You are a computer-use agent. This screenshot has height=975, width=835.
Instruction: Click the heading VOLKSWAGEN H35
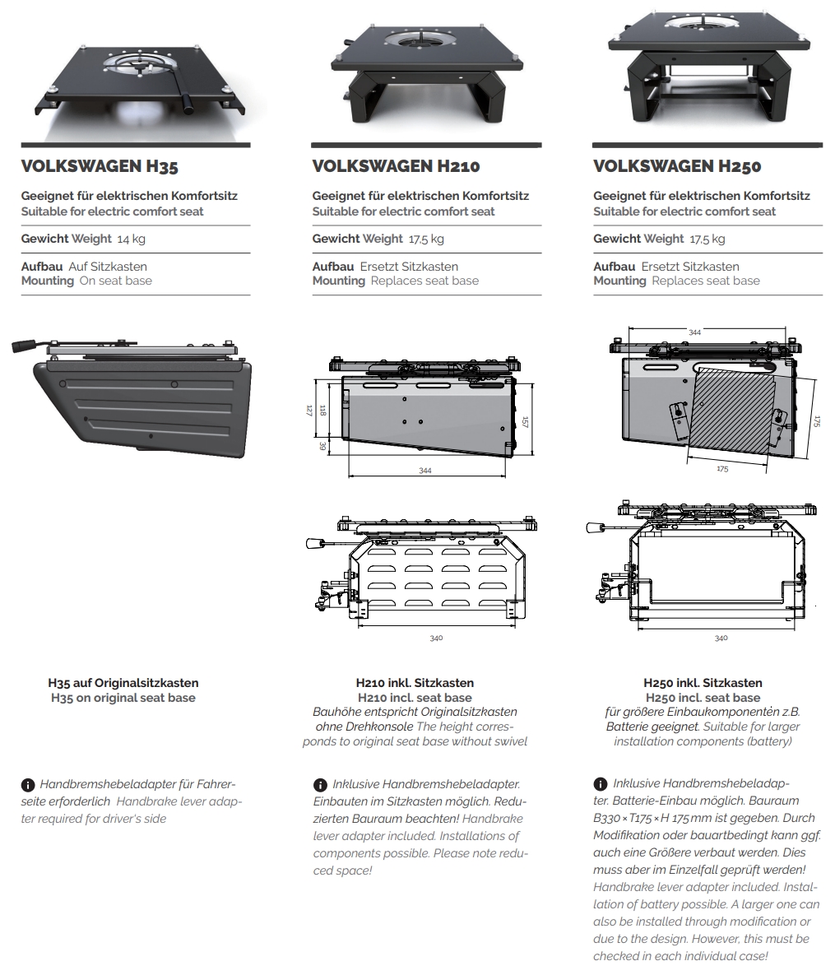tap(100, 166)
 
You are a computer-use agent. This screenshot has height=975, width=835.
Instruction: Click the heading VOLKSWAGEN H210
tap(396, 166)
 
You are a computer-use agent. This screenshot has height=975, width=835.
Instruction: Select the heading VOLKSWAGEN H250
tap(677, 166)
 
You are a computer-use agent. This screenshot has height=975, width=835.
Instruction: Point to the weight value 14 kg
tap(131, 239)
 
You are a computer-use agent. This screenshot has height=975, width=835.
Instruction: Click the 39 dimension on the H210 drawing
tap(322, 447)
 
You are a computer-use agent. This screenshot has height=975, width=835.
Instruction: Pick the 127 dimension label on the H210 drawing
tap(309, 411)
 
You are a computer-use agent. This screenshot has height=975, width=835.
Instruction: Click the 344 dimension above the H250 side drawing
tap(694, 332)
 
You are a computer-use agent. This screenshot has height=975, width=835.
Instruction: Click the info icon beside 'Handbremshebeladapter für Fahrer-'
tap(27, 785)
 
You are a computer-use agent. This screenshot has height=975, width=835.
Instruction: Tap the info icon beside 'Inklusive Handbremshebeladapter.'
tap(320, 785)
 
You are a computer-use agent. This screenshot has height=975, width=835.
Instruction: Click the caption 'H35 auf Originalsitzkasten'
tap(123, 683)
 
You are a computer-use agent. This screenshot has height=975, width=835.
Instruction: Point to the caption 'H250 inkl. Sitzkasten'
tap(703, 683)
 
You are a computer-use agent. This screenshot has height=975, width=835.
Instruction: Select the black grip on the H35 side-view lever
tap(23, 346)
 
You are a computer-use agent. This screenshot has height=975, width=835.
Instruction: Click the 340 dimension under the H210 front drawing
tap(436, 638)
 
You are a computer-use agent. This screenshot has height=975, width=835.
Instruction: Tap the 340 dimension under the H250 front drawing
tap(721, 638)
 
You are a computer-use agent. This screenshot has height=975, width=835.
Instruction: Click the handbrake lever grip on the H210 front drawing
tap(313, 543)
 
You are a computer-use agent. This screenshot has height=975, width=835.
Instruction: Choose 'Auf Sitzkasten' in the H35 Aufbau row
tap(108, 267)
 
